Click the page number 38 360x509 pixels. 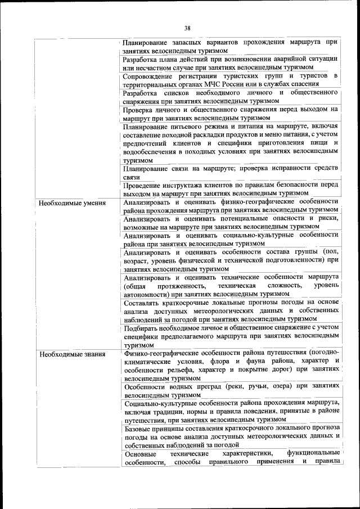(187, 27)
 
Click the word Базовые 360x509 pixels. (139, 429)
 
